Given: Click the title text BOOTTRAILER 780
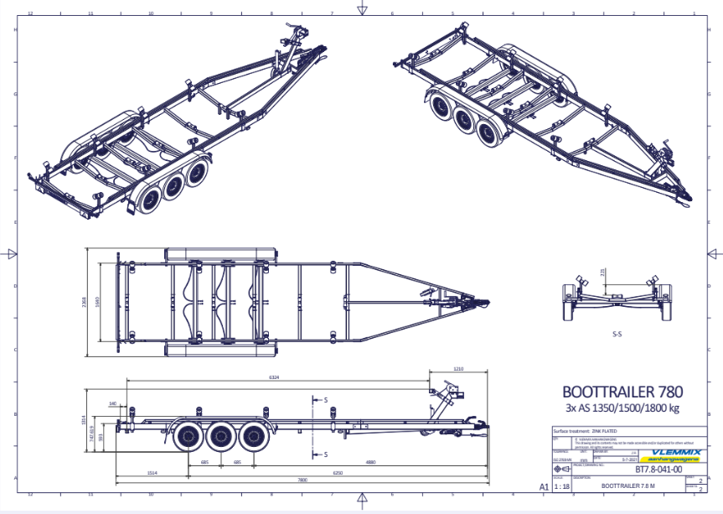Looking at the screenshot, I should [x=622, y=392].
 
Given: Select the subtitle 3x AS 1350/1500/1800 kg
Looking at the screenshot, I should [x=622, y=408].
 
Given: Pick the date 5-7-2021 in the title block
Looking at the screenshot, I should [x=625, y=459].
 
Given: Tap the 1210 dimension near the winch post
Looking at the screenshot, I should [x=457, y=368].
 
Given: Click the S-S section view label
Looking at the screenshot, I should [x=617, y=334].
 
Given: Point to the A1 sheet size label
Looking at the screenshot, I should [x=544, y=486].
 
